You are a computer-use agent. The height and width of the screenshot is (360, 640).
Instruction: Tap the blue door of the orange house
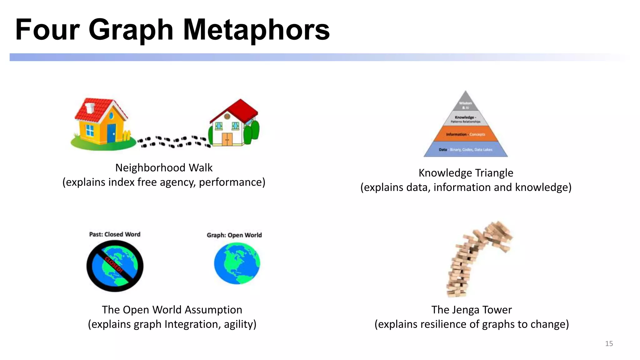pos(111,133)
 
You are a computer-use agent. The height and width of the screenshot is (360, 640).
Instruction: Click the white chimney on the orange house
pos(90,107)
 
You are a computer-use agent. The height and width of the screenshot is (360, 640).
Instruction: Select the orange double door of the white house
pos(227,139)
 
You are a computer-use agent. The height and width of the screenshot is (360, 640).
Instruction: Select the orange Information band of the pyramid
pos(466,134)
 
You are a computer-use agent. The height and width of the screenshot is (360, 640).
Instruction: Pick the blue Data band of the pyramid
pos(466,149)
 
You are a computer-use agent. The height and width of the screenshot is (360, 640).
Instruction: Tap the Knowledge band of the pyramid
pos(466,119)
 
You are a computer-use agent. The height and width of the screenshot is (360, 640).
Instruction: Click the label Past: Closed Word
pos(115,234)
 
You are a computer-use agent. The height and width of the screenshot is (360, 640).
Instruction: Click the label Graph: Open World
pos(234,235)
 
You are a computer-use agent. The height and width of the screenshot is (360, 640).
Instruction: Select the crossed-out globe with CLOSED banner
pos(115,266)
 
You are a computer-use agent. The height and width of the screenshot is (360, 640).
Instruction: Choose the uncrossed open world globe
pos(237,263)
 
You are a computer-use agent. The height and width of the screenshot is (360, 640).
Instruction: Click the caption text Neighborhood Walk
pos(164,168)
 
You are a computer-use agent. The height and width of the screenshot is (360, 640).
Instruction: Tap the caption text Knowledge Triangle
pos(466,173)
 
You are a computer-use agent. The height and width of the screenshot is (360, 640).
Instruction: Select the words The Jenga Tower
pos(472,310)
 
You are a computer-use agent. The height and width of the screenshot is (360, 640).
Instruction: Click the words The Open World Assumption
pos(172,310)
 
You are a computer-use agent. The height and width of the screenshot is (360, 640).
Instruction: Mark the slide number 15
pos(609,343)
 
